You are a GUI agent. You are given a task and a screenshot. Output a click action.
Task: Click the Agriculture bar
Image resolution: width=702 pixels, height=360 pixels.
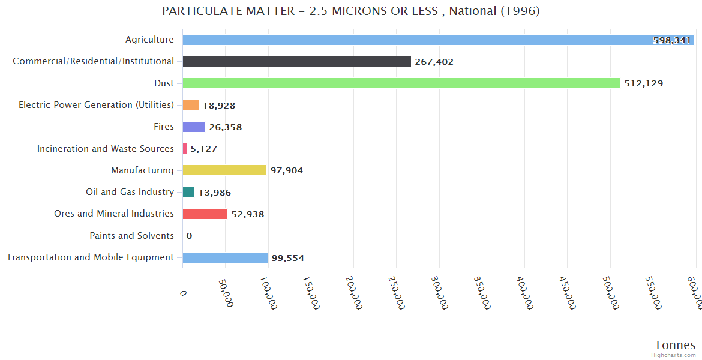click(420, 40)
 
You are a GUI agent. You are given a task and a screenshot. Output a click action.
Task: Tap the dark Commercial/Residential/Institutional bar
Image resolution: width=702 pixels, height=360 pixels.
click(296, 61)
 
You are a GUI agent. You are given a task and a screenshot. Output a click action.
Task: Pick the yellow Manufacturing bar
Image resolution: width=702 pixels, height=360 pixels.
click(224, 170)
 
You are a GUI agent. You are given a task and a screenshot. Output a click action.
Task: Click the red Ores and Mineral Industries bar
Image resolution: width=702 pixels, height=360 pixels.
click(205, 214)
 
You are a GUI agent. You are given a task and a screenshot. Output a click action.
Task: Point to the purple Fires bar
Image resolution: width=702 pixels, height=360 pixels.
click(194, 127)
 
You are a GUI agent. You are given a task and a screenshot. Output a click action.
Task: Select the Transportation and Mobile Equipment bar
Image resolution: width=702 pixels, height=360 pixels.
click(225, 257)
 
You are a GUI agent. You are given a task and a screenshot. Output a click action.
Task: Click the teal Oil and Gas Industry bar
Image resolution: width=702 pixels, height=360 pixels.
click(188, 192)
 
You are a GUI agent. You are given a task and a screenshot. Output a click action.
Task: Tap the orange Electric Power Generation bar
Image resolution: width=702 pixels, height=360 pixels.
click(190, 105)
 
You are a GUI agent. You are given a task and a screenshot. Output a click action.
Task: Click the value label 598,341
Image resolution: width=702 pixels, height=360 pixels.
click(672, 40)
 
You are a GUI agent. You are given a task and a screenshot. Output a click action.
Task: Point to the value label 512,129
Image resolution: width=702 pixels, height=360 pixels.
click(644, 83)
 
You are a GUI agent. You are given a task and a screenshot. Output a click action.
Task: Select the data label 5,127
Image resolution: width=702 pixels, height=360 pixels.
click(204, 149)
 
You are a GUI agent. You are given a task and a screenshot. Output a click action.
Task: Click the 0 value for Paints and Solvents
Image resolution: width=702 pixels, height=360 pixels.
click(189, 236)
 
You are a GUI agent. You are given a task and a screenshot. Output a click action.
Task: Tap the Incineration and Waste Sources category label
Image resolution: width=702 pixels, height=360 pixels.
click(106, 148)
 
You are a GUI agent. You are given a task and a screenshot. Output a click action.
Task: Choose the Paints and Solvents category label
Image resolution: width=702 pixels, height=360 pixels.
click(132, 236)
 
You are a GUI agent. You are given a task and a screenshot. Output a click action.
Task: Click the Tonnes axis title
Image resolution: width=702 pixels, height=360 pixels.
click(674, 345)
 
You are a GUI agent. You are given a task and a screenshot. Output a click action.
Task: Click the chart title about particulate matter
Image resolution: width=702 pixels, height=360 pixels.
click(351, 11)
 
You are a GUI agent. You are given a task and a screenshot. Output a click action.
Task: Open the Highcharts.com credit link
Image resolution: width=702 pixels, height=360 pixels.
click(674, 355)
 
